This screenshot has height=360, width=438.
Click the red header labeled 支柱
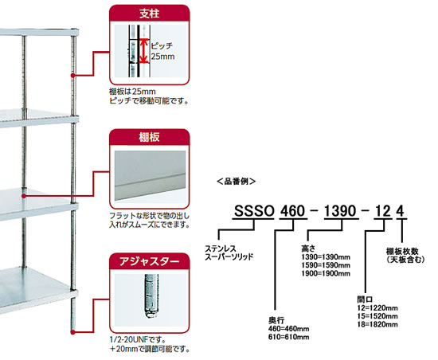pos(150,14)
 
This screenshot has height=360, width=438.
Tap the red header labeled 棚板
pos(150,137)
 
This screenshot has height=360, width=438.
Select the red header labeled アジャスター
pos(150,261)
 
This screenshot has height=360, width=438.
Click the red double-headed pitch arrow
pos(143,51)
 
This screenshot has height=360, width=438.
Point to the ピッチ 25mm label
pos(162,51)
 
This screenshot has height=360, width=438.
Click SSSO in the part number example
pos(254,211)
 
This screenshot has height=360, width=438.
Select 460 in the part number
pos(292,211)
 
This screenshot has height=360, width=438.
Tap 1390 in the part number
pos(340,211)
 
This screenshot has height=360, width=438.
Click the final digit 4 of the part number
pos(401,211)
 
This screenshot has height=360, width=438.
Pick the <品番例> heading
pos(236,182)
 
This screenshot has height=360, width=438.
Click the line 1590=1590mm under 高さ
pos(326,265)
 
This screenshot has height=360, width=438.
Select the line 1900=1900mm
pos(326,273)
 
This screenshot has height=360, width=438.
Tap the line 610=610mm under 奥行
pos(289,337)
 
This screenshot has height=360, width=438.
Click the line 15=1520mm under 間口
pos(377,316)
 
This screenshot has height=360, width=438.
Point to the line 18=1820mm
pos(377,324)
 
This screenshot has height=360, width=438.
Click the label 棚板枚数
pos(402,251)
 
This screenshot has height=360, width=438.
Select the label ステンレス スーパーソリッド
pos(229,252)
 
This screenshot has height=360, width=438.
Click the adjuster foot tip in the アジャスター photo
pos(151,315)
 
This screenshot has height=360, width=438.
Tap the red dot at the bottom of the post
pos(72,332)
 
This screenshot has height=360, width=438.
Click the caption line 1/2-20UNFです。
pos(138,340)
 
